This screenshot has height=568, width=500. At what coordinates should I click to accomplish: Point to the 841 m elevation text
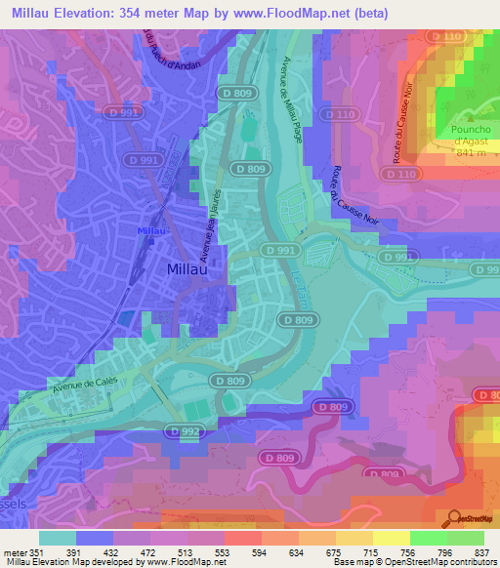tap(472, 153)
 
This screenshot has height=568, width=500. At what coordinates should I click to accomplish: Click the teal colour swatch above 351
tap(58, 538)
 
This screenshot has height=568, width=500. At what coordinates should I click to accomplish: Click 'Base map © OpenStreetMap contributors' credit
tap(413, 562)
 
